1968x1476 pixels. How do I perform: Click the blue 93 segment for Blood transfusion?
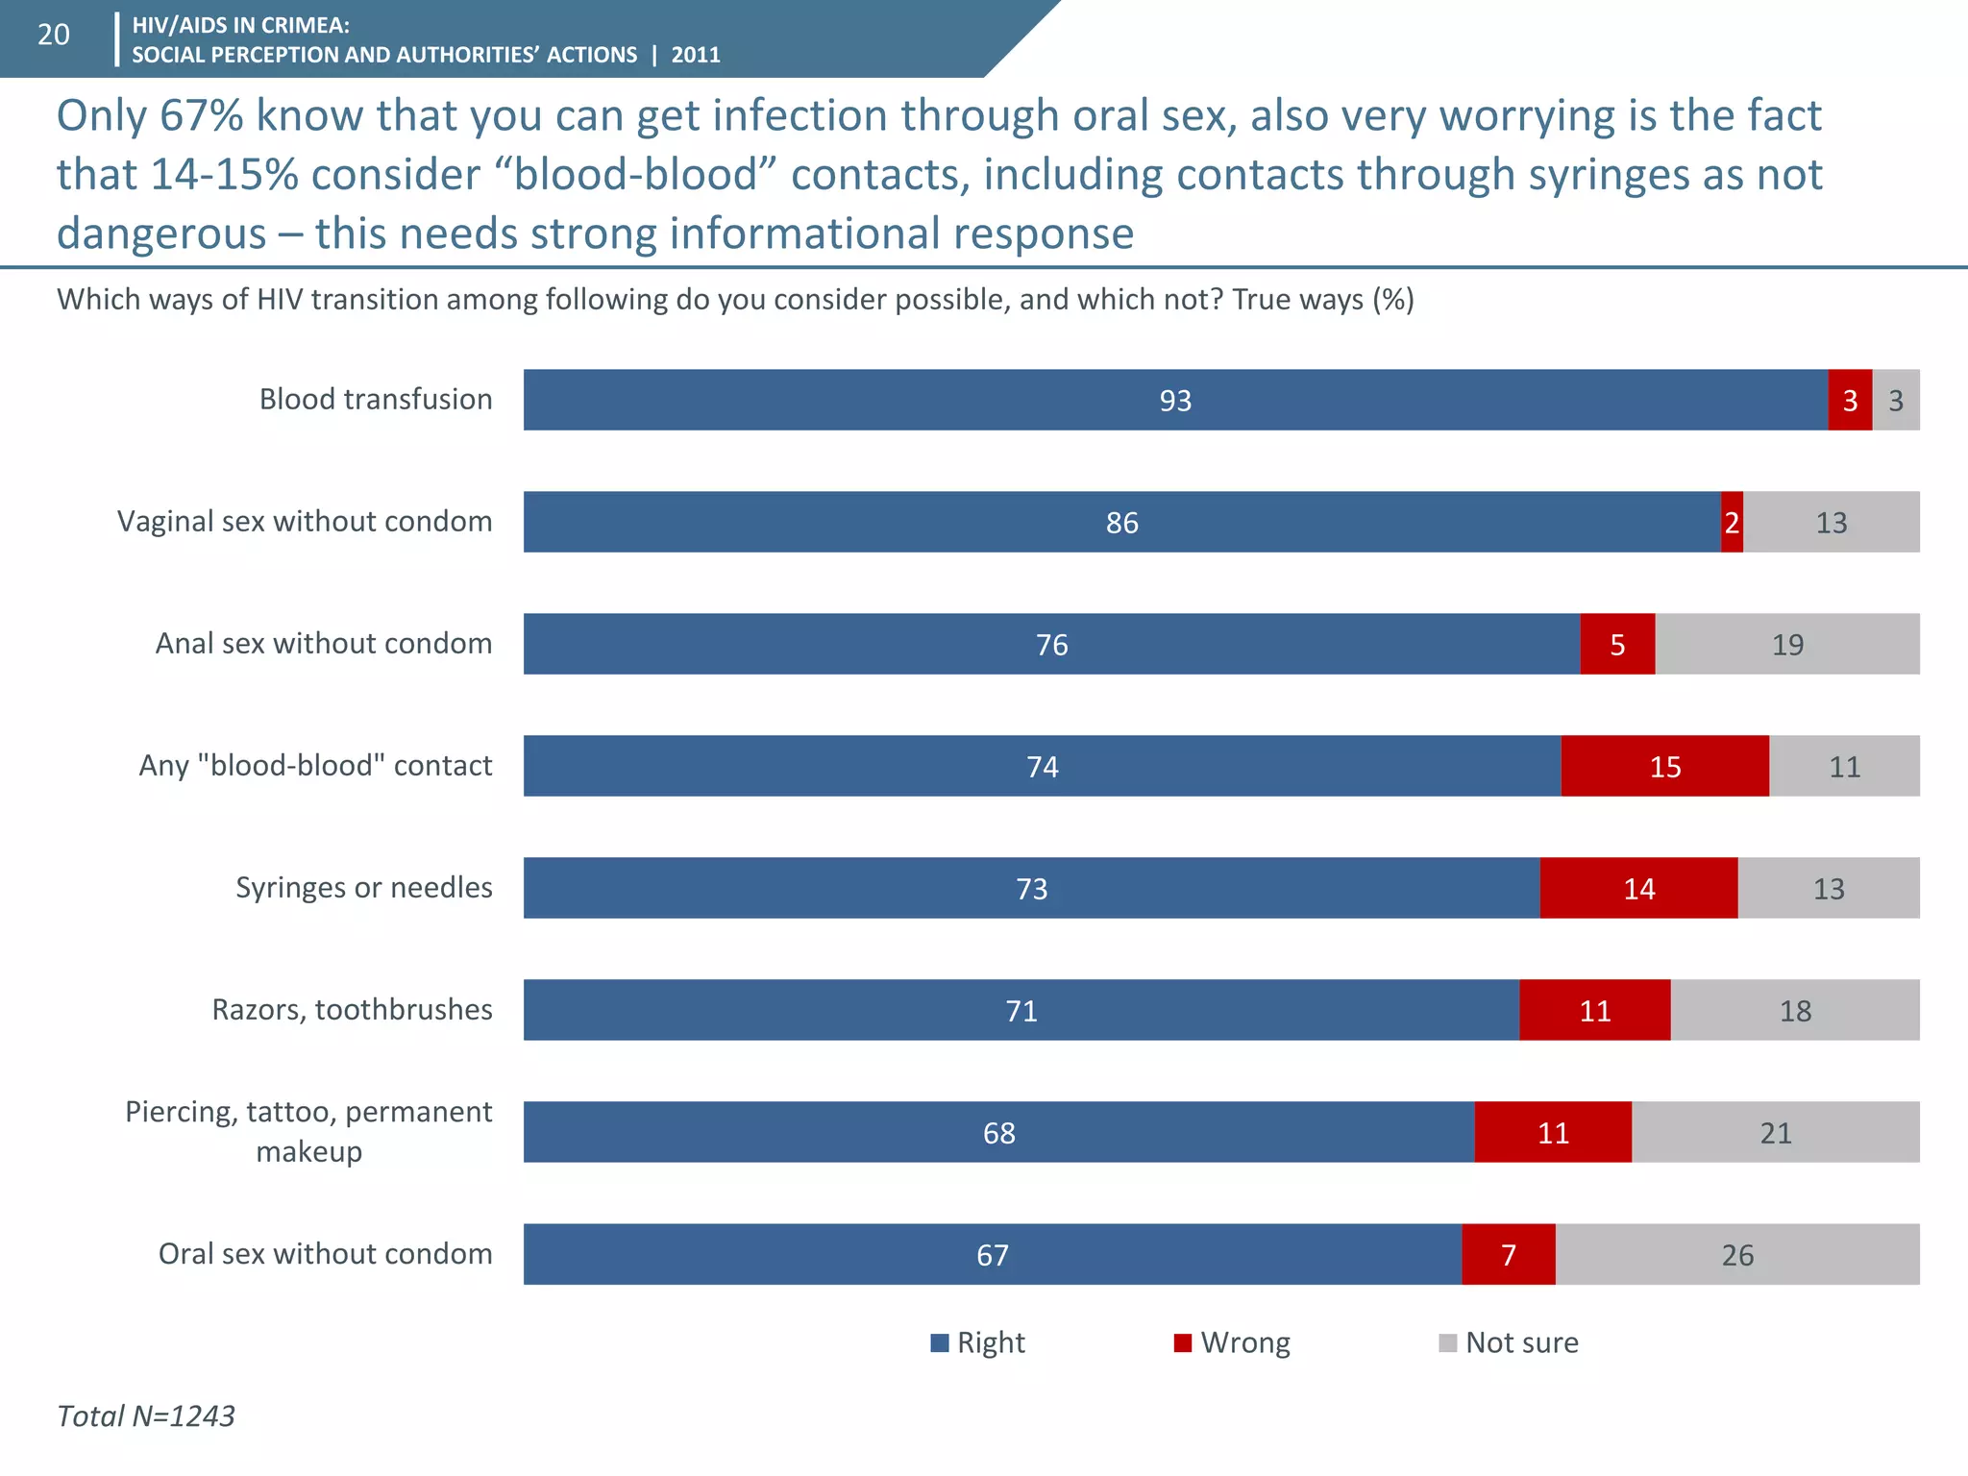click(1174, 400)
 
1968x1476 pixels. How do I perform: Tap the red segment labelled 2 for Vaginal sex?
click(1732, 522)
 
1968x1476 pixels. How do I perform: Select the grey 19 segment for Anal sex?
click(1787, 644)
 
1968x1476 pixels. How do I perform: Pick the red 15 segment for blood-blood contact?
click(1664, 766)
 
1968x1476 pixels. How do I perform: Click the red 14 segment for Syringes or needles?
click(1638, 888)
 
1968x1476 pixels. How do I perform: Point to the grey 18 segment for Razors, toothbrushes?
click(1795, 1010)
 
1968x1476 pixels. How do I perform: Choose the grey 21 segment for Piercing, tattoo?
click(1776, 1132)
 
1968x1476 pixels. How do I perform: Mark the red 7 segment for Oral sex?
click(1509, 1254)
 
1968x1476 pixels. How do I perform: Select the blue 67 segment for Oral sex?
click(992, 1254)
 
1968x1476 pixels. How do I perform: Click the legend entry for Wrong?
click(1233, 1342)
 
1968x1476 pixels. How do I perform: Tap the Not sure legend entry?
click(1509, 1342)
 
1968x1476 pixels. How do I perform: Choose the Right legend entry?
click(978, 1342)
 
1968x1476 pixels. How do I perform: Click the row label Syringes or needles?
click(363, 887)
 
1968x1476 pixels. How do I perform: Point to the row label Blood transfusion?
click(375, 399)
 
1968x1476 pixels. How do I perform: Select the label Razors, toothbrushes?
click(352, 1009)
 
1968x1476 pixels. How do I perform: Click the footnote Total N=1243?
click(146, 1415)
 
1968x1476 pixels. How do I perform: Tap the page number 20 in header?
click(53, 35)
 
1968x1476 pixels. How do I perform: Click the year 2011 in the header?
click(696, 55)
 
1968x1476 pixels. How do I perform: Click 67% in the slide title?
click(201, 115)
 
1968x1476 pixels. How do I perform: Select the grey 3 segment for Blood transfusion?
click(1896, 400)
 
